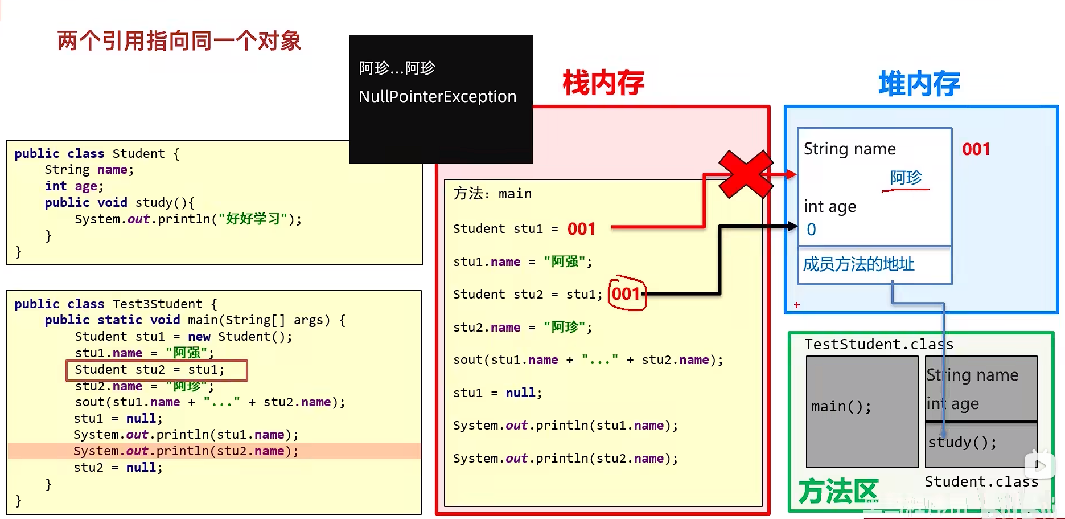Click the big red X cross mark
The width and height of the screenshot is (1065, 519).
coord(746,174)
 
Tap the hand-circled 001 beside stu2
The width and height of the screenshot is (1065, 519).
coord(627,294)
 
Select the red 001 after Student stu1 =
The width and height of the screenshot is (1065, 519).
coord(581,229)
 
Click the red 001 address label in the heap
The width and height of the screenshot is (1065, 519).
coord(976,149)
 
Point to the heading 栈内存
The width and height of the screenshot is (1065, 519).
coord(603,83)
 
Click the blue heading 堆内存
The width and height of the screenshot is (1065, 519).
coord(919,84)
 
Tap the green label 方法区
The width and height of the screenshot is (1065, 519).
coord(838,491)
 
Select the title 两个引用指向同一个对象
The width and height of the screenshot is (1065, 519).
coord(179,41)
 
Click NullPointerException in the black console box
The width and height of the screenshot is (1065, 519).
coord(437,97)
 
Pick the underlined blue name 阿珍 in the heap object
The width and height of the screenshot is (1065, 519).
coord(906,178)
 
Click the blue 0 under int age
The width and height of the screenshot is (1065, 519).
coord(811,230)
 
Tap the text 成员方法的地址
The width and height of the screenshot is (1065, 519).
coord(858,264)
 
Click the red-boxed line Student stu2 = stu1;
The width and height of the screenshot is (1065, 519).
coord(157,370)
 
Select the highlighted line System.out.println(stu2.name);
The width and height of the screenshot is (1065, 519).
coord(186,451)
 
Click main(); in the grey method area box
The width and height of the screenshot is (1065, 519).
coord(841,407)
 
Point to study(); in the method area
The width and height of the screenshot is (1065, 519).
coord(962,443)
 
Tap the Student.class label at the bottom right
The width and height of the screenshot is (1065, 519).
coord(981,482)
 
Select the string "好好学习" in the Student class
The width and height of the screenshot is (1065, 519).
coord(253,219)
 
